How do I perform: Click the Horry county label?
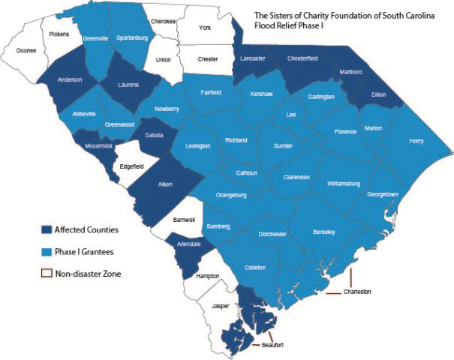tap(416, 141)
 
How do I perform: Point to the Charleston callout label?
tap(357, 291)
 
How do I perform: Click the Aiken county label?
tap(165, 184)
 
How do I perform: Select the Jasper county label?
tap(221, 306)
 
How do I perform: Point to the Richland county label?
tap(236, 140)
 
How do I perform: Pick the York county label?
tap(205, 28)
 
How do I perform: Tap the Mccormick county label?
tap(99, 145)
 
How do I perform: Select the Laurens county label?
tap(128, 85)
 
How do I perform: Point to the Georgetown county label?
tap(381, 194)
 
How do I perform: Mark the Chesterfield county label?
tap(305, 59)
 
